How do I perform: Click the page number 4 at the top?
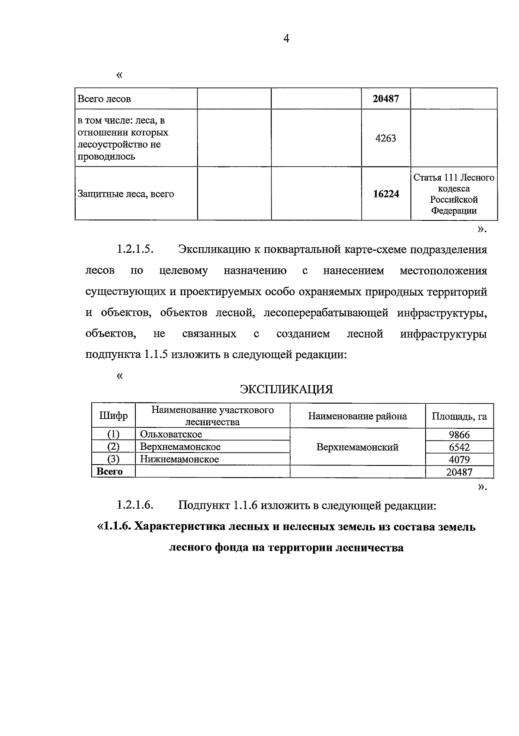coord(286,39)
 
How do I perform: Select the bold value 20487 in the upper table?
coord(386,99)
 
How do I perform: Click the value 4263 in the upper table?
coord(386,139)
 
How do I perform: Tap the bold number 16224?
coord(386,194)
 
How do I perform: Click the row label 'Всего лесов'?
coord(104,99)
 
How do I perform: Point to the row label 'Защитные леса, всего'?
coord(125,194)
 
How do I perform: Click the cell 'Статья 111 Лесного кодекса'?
coord(454,183)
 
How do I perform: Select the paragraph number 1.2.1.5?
coord(135,250)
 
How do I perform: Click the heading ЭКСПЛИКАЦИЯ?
coord(286,389)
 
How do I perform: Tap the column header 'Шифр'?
coord(113,416)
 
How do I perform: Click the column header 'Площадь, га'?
coord(459,417)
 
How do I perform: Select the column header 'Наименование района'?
coord(357,416)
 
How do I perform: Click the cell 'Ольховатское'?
coord(171,434)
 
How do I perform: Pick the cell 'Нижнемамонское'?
coord(179,459)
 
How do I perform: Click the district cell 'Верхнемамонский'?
coord(357,447)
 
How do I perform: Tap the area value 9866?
coord(459,435)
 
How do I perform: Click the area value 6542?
coord(459,447)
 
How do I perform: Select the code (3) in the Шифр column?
coord(113,459)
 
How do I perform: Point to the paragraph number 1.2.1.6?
coord(135,505)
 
